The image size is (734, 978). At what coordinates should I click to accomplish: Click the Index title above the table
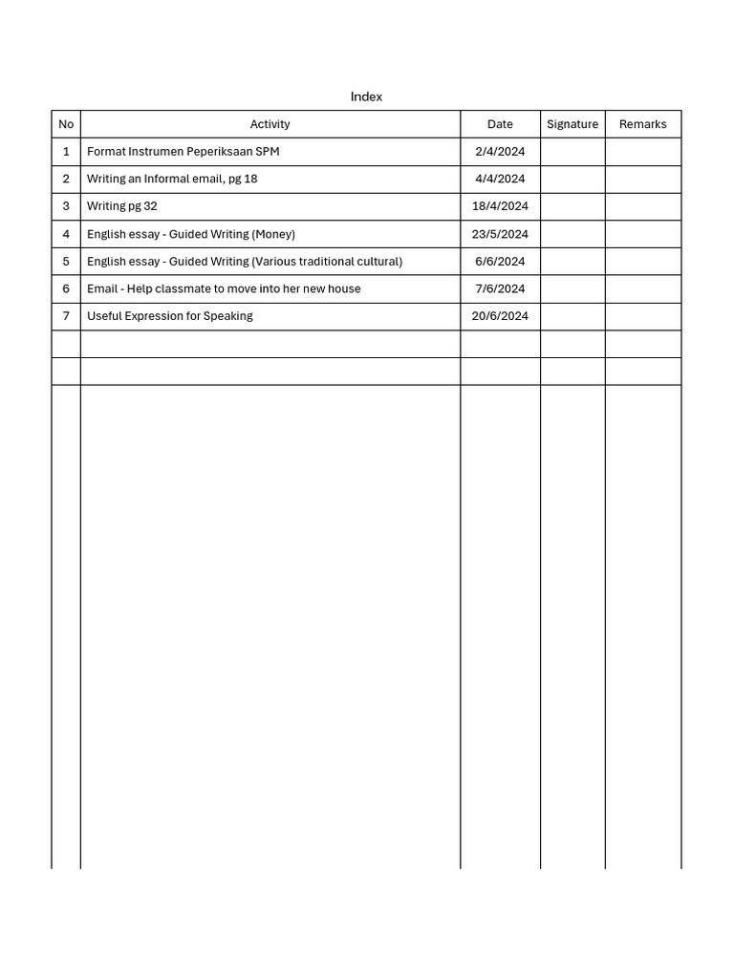click(x=366, y=96)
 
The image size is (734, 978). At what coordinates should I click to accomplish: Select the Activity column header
click(x=270, y=124)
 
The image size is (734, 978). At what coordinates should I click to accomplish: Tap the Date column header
click(x=500, y=124)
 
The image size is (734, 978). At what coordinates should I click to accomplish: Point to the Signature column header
click(x=572, y=124)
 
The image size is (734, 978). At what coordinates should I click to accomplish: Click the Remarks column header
click(x=643, y=124)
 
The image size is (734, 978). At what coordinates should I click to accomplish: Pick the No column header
click(x=66, y=124)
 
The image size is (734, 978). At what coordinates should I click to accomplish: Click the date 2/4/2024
click(x=500, y=151)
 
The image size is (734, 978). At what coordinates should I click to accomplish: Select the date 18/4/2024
click(x=500, y=206)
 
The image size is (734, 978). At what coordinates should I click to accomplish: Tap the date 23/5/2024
click(x=500, y=234)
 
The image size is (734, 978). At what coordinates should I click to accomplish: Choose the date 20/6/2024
click(x=500, y=316)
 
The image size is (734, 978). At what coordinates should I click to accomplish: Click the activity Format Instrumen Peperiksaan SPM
click(x=183, y=151)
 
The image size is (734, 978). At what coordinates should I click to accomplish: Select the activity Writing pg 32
click(x=122, y=206)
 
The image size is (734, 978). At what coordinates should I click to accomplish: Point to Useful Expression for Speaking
click(x=170, y=316)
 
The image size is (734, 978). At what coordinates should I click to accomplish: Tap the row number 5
click(x=66, y=261)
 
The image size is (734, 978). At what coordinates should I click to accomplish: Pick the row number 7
click(x=66, y=316)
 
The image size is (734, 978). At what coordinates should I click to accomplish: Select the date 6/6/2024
click(x=500, y=261)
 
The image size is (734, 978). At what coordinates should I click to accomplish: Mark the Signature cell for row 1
click(x=572, y=151)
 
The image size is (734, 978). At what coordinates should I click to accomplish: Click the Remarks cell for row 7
click(x=643, y=316)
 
